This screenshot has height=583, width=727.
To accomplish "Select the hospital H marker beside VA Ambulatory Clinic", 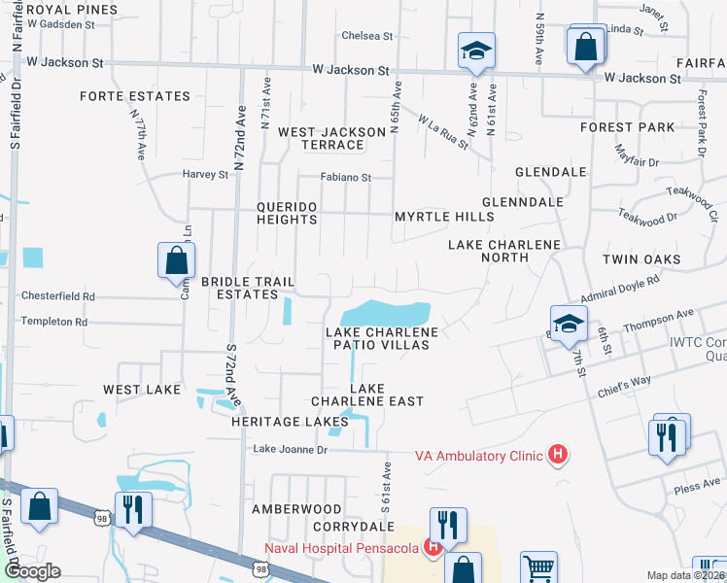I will pos(557,454).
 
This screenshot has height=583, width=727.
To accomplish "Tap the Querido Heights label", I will pos(287,213).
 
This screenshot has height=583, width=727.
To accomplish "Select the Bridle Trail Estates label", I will pos(247,288).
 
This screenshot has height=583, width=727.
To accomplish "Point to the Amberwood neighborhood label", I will pos(296,509).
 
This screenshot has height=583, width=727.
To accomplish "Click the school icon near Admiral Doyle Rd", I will pos(569,323).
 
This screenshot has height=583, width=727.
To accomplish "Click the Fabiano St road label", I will pos(347,178).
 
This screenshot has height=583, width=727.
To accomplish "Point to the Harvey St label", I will pos(205,175).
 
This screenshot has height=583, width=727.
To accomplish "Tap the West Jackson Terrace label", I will pos(320,138).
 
